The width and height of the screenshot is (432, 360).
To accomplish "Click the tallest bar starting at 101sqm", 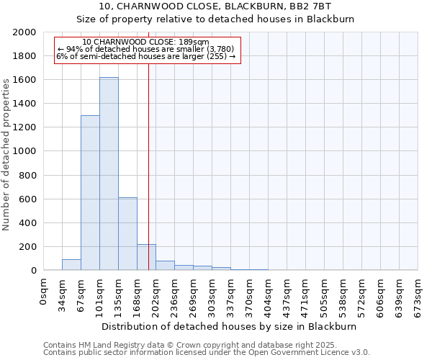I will (109, 174).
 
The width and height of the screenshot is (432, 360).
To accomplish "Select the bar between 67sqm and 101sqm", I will (90, 193).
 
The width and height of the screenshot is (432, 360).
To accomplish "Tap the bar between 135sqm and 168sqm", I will (127, 234).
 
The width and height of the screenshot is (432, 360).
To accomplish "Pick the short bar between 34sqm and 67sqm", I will (71, 265).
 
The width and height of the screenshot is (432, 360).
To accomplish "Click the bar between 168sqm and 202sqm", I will (146, 258).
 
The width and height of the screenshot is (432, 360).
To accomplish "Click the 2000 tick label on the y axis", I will (26, 32).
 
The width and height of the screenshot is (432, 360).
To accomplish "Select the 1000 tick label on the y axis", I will (26, 151).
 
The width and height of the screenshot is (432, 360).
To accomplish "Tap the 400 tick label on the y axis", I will (29, 222).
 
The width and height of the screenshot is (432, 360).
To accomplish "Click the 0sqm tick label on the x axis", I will (44, 291).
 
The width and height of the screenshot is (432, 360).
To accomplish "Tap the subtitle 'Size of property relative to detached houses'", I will (215, 19).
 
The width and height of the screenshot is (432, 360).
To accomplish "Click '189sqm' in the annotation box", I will (195, 42).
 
